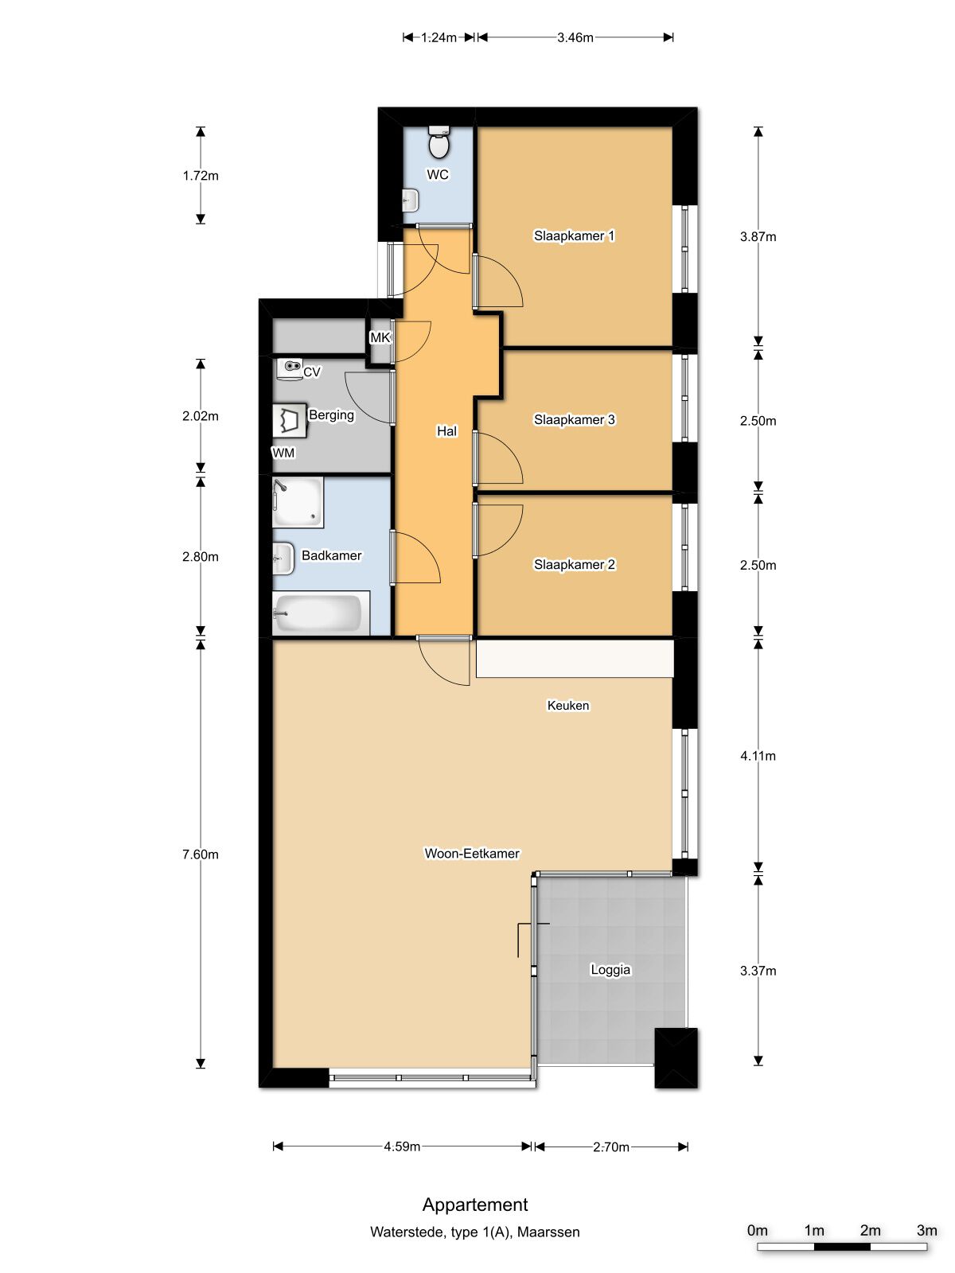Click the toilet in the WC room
[439, 142]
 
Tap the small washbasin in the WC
[411, 200]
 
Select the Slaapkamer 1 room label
[574, 236]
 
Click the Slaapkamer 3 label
[574, 420]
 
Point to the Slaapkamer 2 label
[574, 565]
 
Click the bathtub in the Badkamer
[321, 613]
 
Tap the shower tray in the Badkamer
[298, 502]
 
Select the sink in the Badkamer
[283, 559]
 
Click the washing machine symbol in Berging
[290, 420]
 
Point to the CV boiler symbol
[290, 369]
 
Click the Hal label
[446, 431]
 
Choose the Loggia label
[610, 970]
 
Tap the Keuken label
[567, 706]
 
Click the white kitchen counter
[575, 658]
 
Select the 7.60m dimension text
[200, 855]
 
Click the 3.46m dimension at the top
[575, 37]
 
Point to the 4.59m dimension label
[402, 1146]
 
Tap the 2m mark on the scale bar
[870, 1230]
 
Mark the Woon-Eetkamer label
[472, 854]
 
